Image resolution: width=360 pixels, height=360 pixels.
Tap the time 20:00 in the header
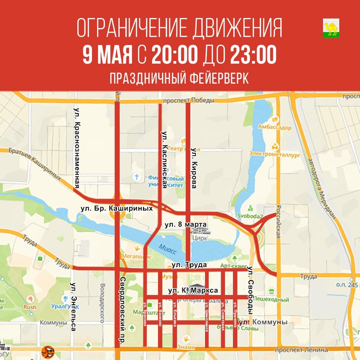coord(175,55)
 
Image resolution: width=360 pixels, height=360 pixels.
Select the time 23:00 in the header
coord(254,55)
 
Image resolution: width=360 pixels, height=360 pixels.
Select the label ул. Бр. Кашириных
coord(117,208)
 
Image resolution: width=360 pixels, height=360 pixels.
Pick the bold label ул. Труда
coord(189,265)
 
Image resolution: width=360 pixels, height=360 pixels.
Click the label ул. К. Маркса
coord(193,290)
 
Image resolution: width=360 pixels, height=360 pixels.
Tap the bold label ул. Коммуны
coord(264,322)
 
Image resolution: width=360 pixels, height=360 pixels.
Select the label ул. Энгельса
coord(73,307)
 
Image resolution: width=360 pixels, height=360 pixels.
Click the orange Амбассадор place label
coord(275,128)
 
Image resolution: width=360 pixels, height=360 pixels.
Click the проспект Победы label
coord(188,100)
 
